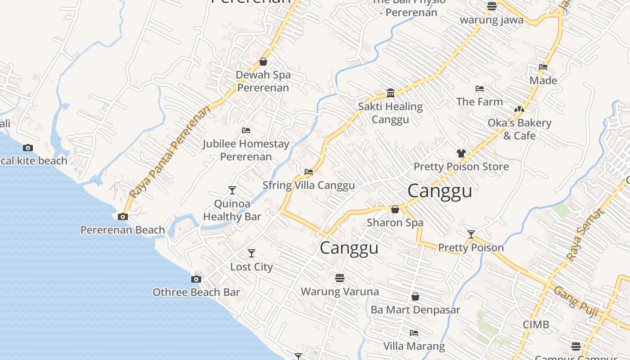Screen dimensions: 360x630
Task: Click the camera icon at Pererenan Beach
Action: coord(122,217)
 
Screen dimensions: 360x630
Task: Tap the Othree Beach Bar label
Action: coord(196,292)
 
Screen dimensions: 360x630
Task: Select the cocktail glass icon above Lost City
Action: coord(252,253)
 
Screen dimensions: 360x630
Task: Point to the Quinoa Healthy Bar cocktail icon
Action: coord(232,190)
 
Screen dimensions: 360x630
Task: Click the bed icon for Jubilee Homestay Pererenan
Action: coord(246,130)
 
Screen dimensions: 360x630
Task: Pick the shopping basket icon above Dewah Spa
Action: coord(263,62)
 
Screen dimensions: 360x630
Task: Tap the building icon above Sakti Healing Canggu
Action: coord(391,93)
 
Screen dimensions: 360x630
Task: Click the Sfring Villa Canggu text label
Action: coord(309,185)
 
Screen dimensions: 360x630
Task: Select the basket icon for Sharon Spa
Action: coord(395,209)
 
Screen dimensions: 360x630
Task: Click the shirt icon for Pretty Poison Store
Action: coord(461,153)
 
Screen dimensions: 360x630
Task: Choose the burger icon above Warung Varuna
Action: coord(340,278)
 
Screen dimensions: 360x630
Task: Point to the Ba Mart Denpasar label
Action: coord(415,310)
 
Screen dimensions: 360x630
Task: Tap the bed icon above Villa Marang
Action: coord(414,333)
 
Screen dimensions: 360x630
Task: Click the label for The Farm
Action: coord(480,102)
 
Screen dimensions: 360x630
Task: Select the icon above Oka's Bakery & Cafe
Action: coord(519,109)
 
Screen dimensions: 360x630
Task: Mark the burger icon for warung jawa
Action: coord(491,6)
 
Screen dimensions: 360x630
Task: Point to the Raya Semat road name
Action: coord(585,235)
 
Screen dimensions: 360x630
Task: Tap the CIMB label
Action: coord(535,324)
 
